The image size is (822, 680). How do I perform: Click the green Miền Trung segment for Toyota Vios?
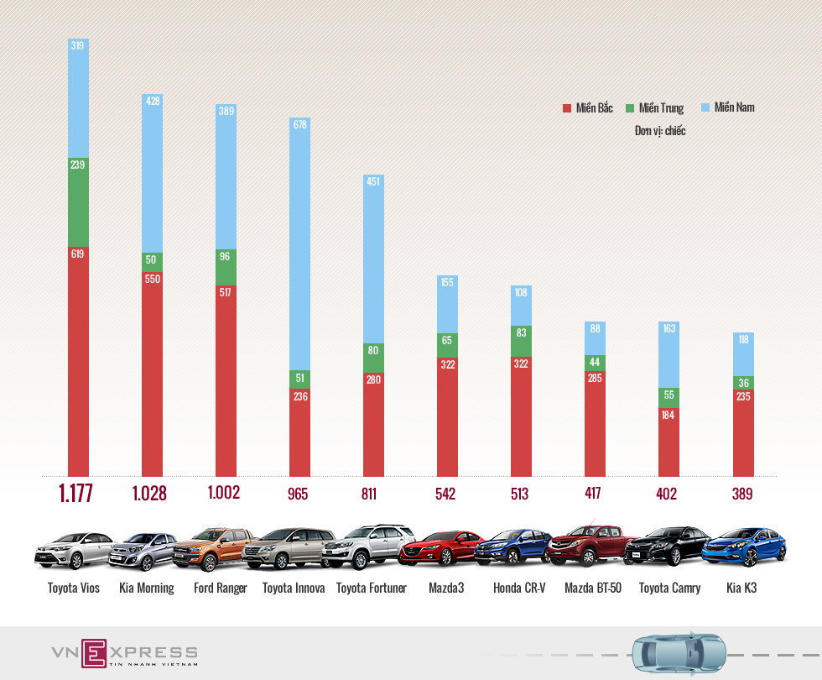78,201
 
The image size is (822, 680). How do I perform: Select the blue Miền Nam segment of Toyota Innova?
299,243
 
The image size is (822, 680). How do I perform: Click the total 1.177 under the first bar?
75,494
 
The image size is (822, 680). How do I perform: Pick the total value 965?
298,494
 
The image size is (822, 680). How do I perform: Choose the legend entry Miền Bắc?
588,108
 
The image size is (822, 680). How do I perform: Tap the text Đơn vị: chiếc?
660,131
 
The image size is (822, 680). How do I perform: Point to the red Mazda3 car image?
441,548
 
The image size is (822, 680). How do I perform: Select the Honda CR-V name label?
519,588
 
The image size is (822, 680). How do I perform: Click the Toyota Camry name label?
669,588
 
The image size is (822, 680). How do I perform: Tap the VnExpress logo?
124,653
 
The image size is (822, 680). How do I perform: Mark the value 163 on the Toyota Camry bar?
669,329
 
